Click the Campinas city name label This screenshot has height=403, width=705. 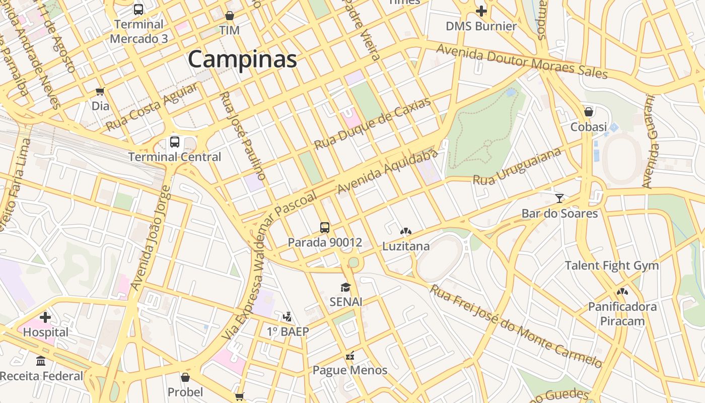[242, 59]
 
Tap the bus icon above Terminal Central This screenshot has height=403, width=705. [175, 142]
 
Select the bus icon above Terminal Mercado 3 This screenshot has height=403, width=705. [138, 9]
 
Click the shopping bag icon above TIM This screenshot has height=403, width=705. [230, 16]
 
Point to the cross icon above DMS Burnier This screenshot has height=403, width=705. [481, 11]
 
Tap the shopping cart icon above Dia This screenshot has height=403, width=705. [100, 91]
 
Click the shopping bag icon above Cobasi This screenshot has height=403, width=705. [588, 111]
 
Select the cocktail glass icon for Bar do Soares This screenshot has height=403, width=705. [559, 198]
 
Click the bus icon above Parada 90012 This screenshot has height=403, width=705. [325, 227]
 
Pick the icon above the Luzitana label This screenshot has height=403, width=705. [405, 231]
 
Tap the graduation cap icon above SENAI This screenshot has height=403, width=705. [345, 287]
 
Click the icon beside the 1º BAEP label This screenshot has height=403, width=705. [288, 317]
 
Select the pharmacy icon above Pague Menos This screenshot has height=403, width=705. [350, 356]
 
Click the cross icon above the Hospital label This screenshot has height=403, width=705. [45, 317]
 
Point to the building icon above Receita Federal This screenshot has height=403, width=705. [41, 361]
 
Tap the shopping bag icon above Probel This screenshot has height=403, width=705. [185, 377]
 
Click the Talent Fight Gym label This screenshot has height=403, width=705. [612, 265]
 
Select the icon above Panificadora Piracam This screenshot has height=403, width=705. [622, 291]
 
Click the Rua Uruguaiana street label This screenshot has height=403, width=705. [517, 166]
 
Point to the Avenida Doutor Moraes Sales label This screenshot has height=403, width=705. [522, 61]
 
